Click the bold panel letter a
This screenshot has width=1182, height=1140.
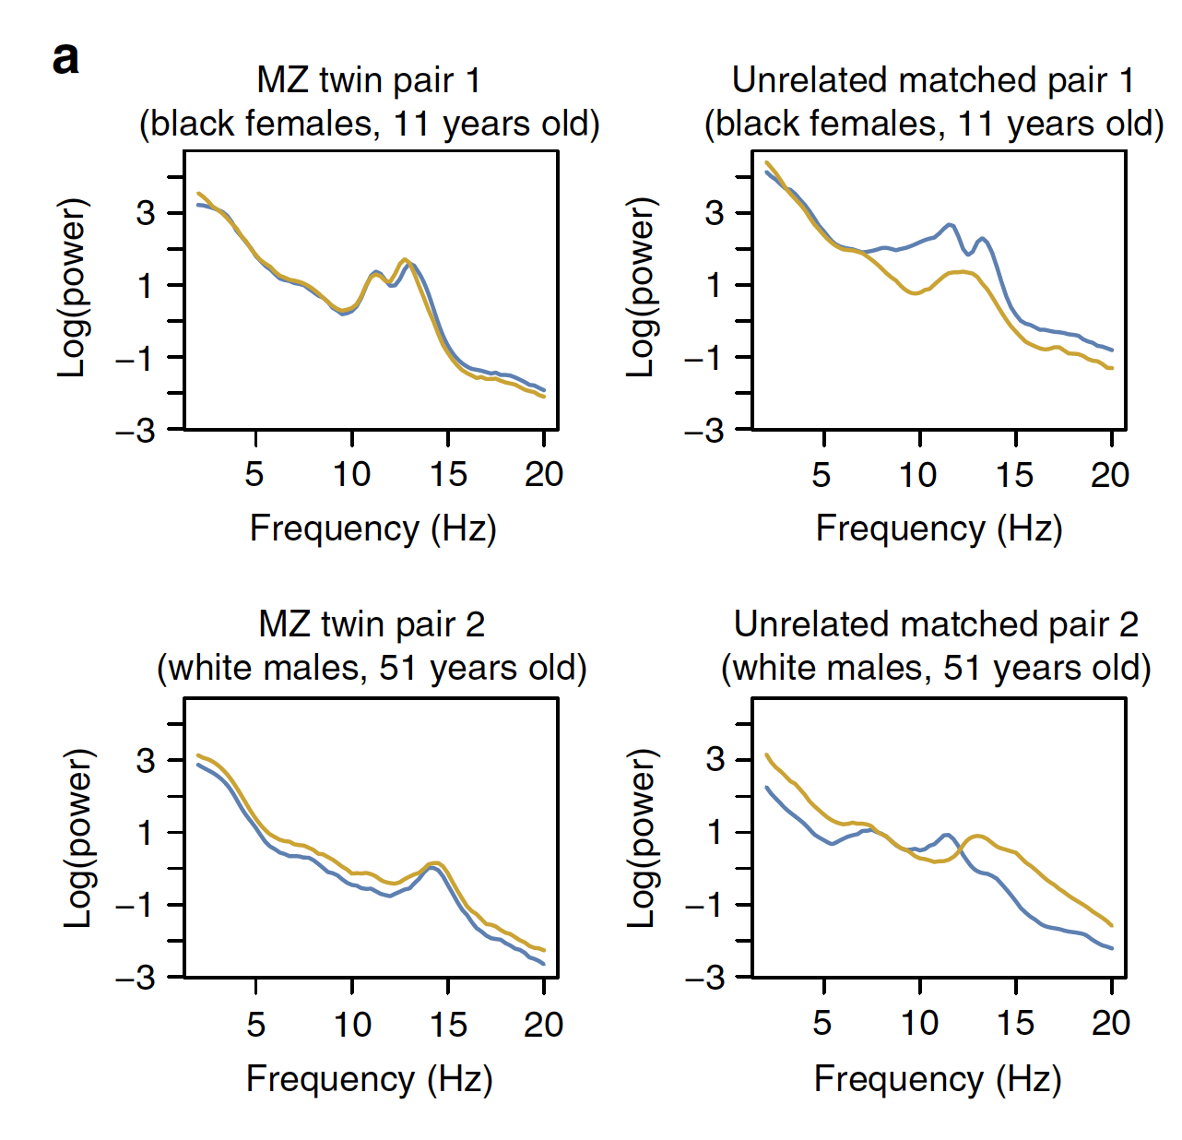click(65, 59)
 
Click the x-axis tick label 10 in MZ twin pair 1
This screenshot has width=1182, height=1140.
click(351, 474)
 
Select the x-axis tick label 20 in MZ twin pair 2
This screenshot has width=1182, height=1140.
click(543, 1024)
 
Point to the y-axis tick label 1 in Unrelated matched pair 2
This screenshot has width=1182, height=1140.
click(715, 832)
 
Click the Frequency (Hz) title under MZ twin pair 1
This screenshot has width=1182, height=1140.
click(372, 528)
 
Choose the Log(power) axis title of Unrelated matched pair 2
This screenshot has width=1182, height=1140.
click(642, 837)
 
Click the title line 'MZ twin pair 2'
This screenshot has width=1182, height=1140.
click(372, 624)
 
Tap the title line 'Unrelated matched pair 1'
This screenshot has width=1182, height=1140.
click(932, 80)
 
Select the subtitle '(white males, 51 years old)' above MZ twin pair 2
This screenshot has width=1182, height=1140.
click(372, 668)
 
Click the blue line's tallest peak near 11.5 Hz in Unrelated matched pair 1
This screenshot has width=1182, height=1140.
click(949, 224)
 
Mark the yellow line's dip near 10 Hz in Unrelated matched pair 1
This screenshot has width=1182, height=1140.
click(915, 292)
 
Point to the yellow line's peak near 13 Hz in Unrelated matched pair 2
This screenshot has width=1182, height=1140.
click(977, 836)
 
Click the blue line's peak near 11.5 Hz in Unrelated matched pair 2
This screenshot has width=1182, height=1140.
click(946, 835)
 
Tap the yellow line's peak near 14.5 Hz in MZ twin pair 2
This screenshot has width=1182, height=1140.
click(436, 863)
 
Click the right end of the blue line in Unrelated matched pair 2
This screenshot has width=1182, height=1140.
click(1112, 948)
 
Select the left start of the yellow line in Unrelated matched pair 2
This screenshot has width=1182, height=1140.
click(767, 754)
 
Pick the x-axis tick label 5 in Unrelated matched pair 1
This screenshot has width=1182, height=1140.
click(821, 474)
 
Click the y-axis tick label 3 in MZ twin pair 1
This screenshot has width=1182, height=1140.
click(147, 213)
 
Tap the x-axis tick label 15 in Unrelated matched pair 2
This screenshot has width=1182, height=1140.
click(1015, 1023)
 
